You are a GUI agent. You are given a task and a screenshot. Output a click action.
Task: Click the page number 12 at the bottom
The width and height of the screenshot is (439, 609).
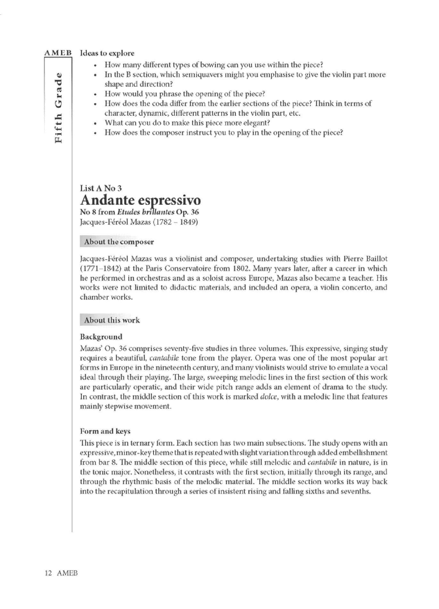pos(48,573)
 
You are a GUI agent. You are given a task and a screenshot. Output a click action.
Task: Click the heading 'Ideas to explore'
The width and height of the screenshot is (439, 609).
pos(107,53)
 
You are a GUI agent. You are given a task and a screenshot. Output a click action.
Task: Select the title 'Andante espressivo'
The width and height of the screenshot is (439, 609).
pos(141,200)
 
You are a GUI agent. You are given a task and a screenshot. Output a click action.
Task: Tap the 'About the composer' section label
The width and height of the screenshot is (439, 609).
pos(119,242)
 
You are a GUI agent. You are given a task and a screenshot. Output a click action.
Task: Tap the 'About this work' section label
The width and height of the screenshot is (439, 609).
pos(112,320)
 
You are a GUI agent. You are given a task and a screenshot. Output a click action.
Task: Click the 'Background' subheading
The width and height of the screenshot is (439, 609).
pos(101,337)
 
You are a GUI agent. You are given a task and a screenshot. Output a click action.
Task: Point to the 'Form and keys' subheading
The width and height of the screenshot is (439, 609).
pos(105,431)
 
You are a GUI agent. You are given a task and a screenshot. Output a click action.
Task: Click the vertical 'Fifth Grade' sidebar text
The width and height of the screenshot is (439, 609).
pos(58,108)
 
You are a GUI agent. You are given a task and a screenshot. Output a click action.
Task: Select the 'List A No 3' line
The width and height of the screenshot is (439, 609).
pos(101,188)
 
